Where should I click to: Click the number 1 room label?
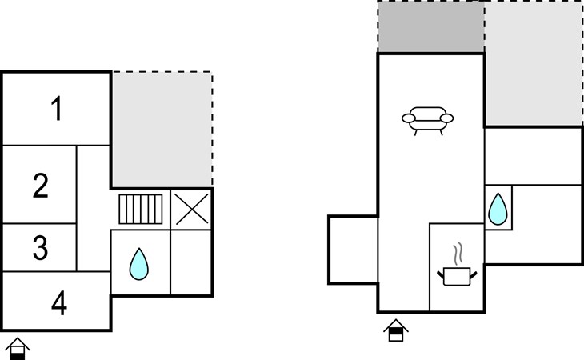(56, 108)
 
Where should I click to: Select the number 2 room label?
(40, 185)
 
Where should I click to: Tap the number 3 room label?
(40, 247)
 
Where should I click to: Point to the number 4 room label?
(59, 303)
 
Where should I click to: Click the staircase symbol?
(141, 209)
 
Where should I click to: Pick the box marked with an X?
(191, 210)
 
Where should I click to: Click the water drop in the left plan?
(139, 264)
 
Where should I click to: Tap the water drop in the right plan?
(498, 209)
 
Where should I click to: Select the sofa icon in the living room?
(427, 121)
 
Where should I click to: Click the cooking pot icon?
(457, 276)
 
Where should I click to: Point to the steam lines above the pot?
(458, 254)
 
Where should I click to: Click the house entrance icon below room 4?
(17, 349)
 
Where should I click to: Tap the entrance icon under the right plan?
(396, 330)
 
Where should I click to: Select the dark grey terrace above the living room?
(431, 27)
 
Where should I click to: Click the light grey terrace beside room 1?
(162, 130)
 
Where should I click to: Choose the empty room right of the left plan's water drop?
(191, 262)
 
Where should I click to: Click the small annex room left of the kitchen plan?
(353, 250)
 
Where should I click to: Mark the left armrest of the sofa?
(409, 118)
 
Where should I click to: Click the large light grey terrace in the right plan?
(534, 63)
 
